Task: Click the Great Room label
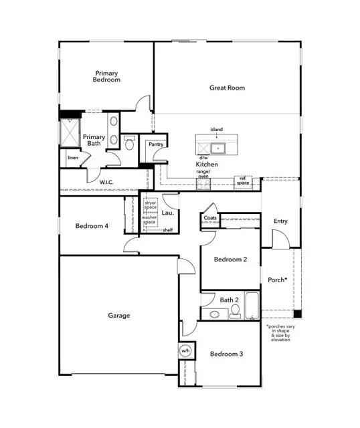tap(227, 88)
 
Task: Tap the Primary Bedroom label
tap(106, 76)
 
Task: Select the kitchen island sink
tap(217, 148)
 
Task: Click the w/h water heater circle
tap(185, 350)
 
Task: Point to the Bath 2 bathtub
tap(252, 306)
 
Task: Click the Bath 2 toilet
tap(235, 312)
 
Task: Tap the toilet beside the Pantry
tap(129, 142)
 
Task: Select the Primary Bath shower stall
tap(70, 132)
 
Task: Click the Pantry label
tap(156, 144)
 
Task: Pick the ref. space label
tap(243, 181)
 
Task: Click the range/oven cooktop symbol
tap(203, 185)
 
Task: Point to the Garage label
tap(119, 316)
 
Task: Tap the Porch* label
tap(278, 280)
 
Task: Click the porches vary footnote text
tap(280, 333)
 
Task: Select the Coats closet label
tap(210, 218)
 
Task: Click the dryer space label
tap(151, 205)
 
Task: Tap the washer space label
tap(149, 220)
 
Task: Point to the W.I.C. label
tap(106, 183)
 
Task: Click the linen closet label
tap(73, 158)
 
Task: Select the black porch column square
tap(298, 314)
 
